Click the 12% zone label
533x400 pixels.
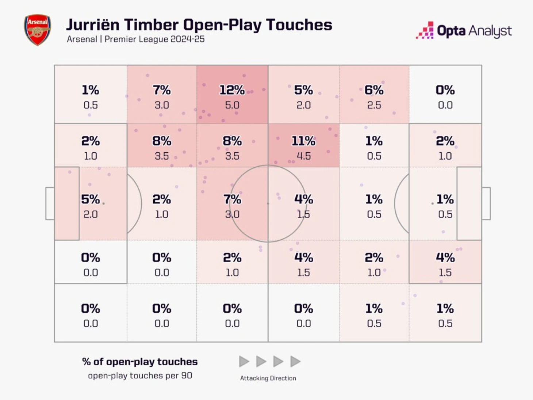pos(232,90)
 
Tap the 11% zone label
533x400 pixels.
pos(303,141)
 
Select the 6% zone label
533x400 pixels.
pos(374,90)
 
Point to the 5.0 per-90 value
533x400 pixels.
pos(232,105)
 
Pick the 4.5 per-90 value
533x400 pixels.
pos(303,156)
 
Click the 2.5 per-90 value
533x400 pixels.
pos(374,105)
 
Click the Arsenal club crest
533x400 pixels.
pos(37,30)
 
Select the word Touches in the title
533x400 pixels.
pos(299,25)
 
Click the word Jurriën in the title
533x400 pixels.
pos(93,25)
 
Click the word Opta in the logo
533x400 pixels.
pos(451,31)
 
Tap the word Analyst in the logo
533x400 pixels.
pos(490,31)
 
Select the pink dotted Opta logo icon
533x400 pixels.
pos(425,31)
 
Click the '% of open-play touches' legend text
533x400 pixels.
pos(140,362)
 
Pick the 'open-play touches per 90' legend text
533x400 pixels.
pos(140,376)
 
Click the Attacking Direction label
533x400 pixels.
pos(268,378)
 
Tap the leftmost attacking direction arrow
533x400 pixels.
pos(244,362)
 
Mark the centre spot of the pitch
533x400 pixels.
pos(268,203)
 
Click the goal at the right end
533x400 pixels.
pos(486,203)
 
